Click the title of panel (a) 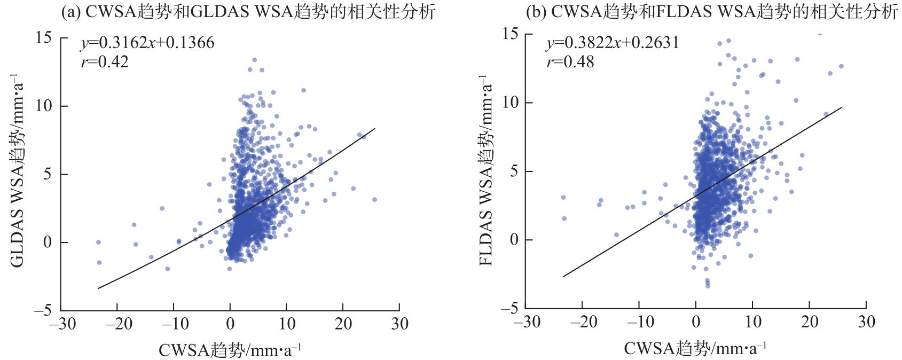(248, 12)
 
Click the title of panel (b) (711, 12)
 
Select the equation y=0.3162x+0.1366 (147, 43)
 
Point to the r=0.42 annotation (105, 62)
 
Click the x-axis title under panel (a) (230, 350)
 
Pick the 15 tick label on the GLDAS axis (44, 38)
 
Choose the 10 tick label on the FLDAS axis (512, 103)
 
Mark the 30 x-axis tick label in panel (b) (867, 322)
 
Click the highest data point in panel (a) (254, 60)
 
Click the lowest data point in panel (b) (708, 286)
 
